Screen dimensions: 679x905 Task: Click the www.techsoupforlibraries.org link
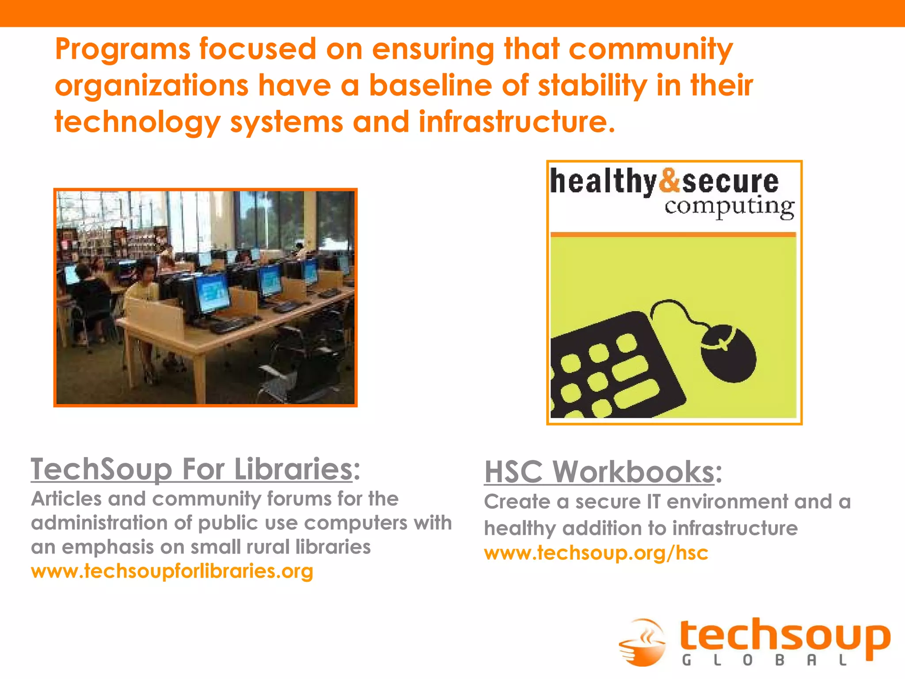pos(172,571)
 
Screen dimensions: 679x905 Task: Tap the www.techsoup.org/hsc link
pos(596,553)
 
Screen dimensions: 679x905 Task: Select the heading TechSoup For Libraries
pos(191,469)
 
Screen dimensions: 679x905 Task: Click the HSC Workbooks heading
pos(599,472)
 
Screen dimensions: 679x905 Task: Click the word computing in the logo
pos(729,206)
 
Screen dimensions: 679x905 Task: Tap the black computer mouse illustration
pos(728,352)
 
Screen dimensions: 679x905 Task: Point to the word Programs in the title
pos(122,50)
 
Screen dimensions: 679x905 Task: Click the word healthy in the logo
pos(603,182)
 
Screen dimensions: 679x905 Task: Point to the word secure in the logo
pos(730,182)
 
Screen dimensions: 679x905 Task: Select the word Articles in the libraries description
pos(66,499)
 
